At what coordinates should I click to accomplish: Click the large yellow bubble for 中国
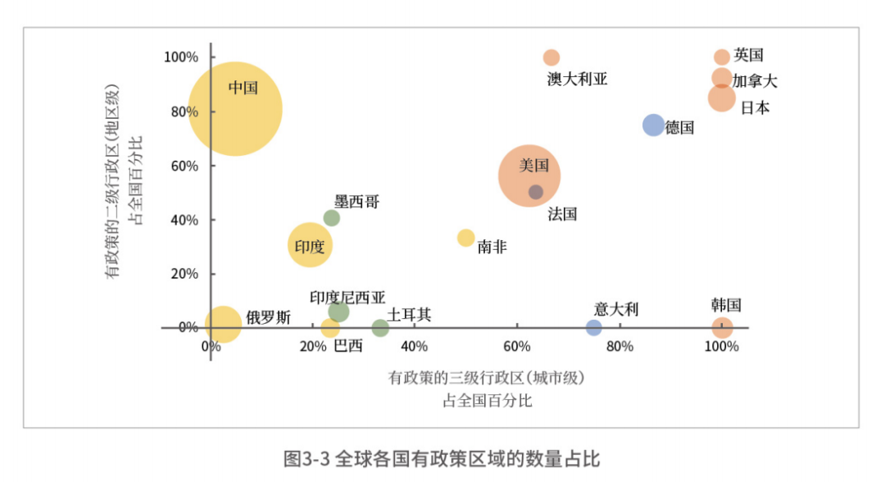(235, 108)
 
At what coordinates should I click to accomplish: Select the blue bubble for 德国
(653, 125)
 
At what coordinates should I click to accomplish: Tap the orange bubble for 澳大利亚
(551, 57)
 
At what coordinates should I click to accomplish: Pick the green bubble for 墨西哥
(331, 218)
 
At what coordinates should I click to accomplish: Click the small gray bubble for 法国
(536, 192)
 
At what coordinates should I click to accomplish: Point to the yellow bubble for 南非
(465, 238)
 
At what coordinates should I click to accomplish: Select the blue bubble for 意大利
(594, 328)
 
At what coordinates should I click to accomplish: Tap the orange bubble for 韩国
(722, 328)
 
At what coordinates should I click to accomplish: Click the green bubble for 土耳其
(380, 328)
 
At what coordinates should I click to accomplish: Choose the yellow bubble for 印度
(310, 244)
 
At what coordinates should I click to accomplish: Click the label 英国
(749, 55)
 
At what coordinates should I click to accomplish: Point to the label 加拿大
(755, 80)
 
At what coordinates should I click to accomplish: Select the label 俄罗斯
(268, 318)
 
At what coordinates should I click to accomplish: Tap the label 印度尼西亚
(347, 298)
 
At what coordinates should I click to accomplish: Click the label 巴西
(348, 346)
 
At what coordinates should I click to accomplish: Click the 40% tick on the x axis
(415, 346)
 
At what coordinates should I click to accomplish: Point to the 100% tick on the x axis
(721, 346)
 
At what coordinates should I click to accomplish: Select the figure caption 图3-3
(306, 458)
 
